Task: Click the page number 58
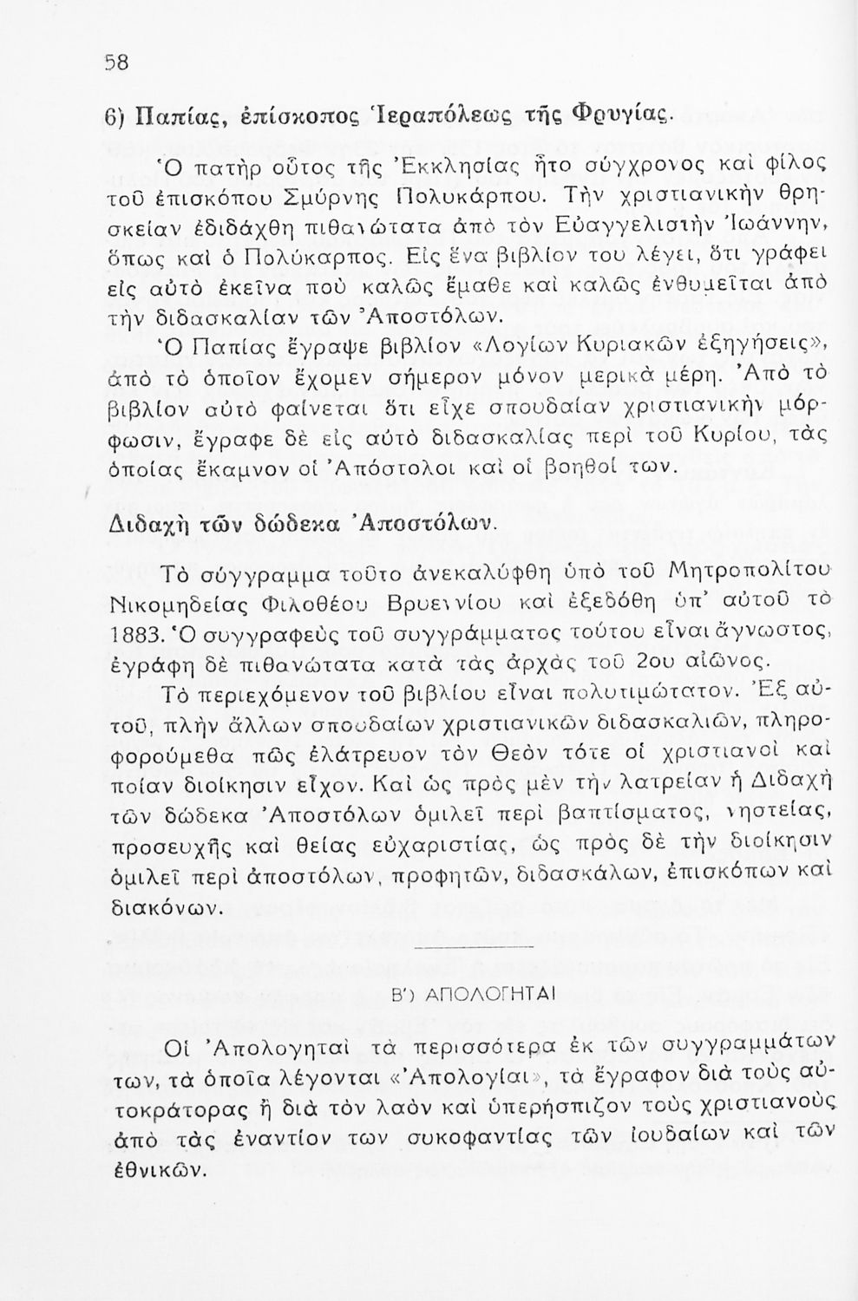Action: [116, 62]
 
